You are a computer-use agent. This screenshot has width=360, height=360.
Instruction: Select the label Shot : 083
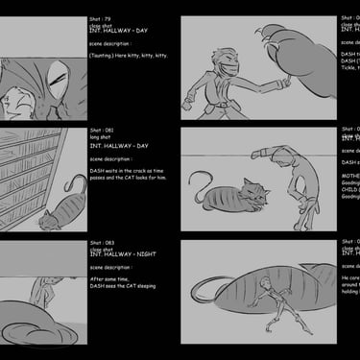pyautogui.click(x=102, y=243)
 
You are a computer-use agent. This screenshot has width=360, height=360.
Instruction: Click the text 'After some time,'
pyautogui.click(x=109, y=279)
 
